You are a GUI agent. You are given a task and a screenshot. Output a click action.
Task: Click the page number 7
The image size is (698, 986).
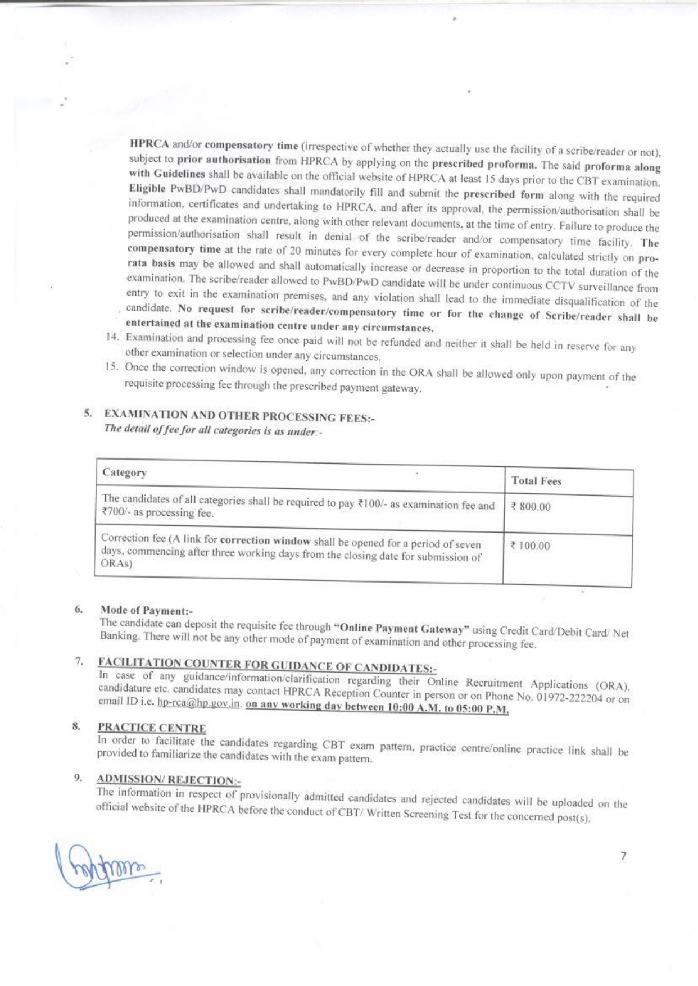point(623,856)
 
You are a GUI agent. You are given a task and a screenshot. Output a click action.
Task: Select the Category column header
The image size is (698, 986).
point(125,473)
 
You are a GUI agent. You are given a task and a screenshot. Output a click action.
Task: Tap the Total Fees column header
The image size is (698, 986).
point(536,481)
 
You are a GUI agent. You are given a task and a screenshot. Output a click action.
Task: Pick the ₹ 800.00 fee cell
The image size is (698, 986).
point(531,507)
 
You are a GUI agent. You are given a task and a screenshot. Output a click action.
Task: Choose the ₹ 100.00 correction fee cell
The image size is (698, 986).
point(531,546)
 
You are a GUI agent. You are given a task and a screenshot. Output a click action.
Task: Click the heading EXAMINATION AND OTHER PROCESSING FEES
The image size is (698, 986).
point(239,416)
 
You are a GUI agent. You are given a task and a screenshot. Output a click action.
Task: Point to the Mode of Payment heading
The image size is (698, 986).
point(146,610)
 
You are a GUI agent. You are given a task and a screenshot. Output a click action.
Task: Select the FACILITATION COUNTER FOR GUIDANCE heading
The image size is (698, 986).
point(267,666)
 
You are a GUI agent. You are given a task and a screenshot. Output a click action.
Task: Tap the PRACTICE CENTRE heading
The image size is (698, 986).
point(152,728)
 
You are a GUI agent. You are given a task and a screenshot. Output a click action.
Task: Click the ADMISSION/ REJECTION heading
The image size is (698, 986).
point(169,780)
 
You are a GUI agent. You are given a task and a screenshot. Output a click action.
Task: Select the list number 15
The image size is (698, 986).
point(113,367)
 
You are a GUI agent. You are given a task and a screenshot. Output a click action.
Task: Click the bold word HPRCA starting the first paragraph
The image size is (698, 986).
point(149,143)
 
